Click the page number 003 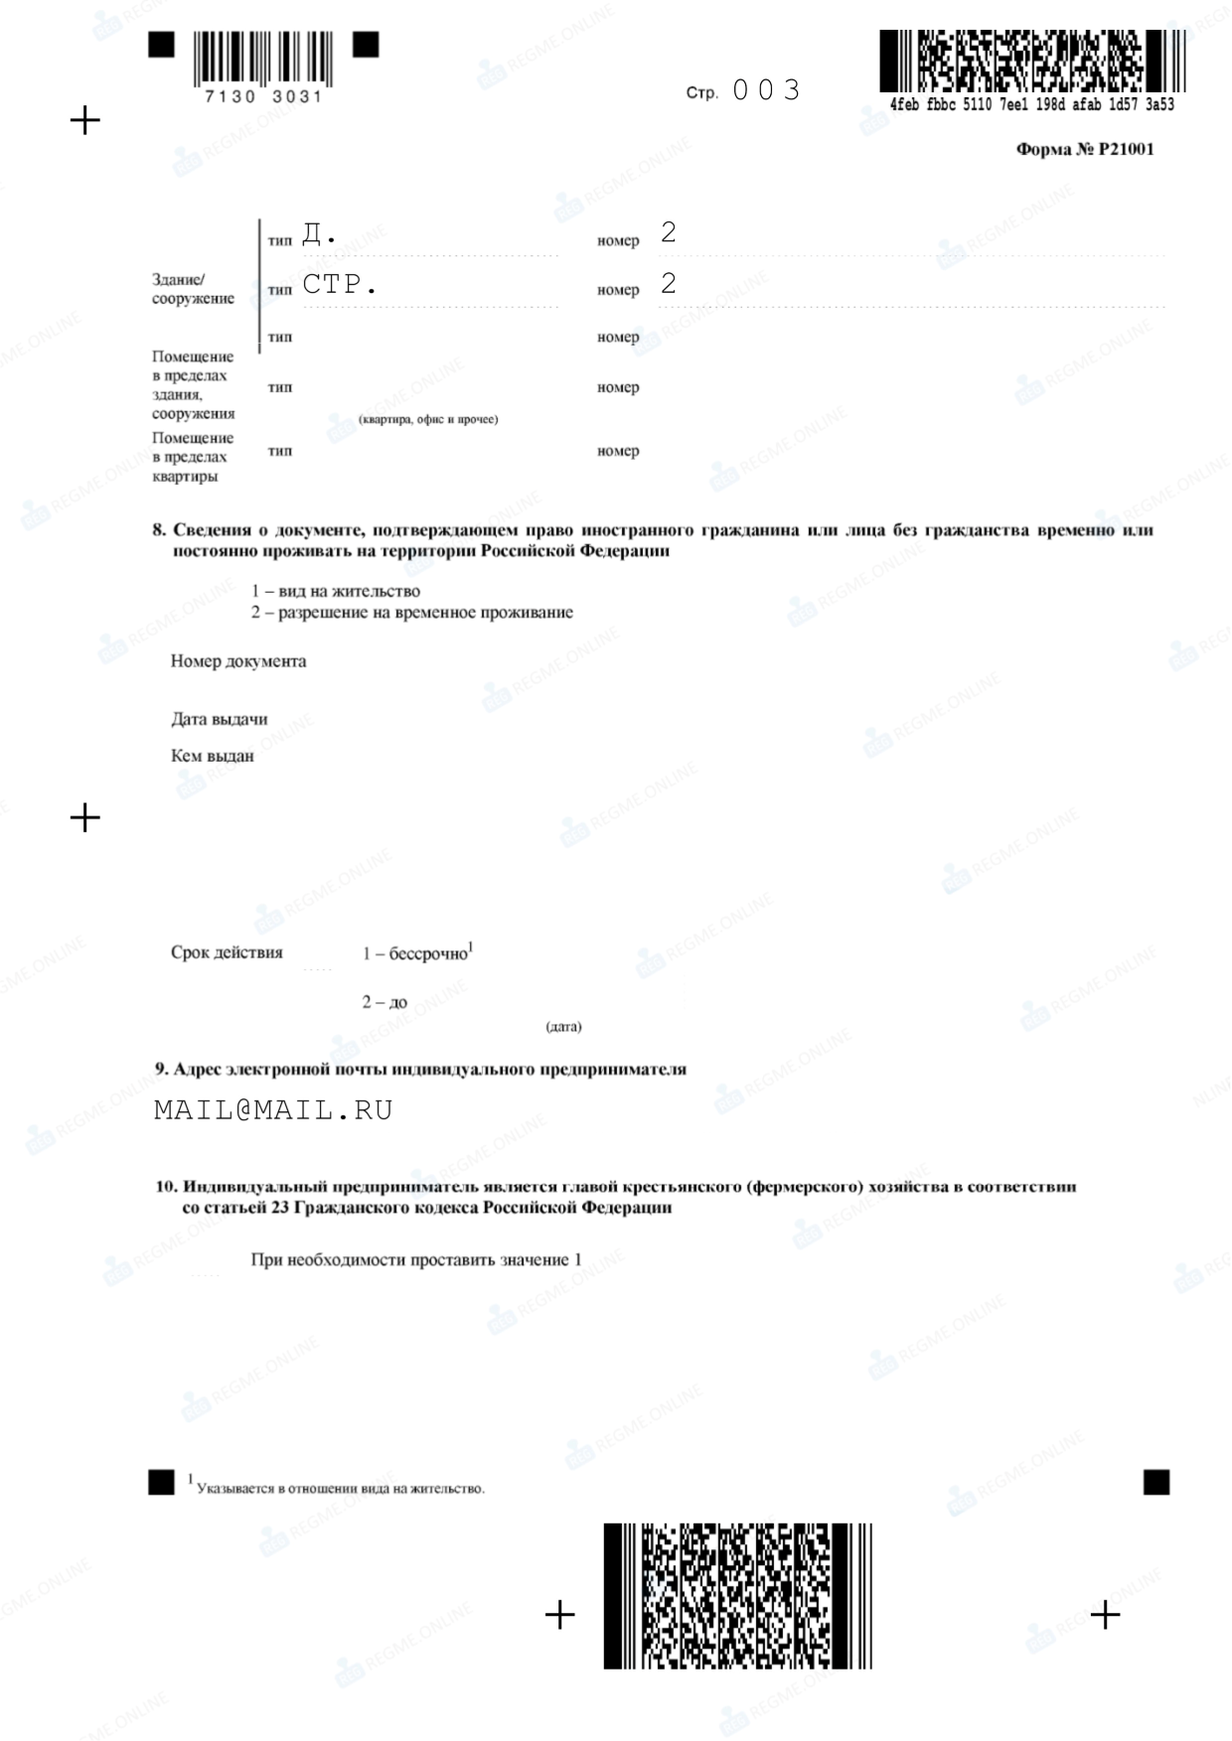pyautogui.click(x=766, y=90)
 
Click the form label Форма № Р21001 pyautogui.click(x=1084, y=150)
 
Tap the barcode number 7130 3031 pyautogui.click(x=263, y=97)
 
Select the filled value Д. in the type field pyautogui.click(x=319, y=234)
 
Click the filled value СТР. pyautogui.click(x=340, y=285)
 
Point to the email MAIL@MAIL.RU pyautogui.click(x=273, y=1110)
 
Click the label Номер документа pyautogui.click(x=238, y=661)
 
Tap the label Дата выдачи pyautogui.click(x=219, y=719)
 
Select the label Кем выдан pyautogui.click(x=213, y=756)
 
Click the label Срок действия pyautogui.click(x=227, y=952)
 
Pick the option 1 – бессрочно pyautogui.click(x=416, y=953)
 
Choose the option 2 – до pyautogui.click(x=385, y=1002)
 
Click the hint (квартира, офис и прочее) pyautogui.click(x=428, y=419)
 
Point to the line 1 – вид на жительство pyautogui.click(x=335, y=591)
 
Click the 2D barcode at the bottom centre pyautogui.click(x=737, y=1595)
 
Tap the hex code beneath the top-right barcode pyautogui.click(x=1032, y=105)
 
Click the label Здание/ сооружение pyautogui.click(x=193, y=289)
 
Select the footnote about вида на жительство pyautogui.click(x=340, y=1488)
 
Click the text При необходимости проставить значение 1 pyautogui.click(x=416, y=1260)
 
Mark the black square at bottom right pyautogui.click(x=1156, y=1482)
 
